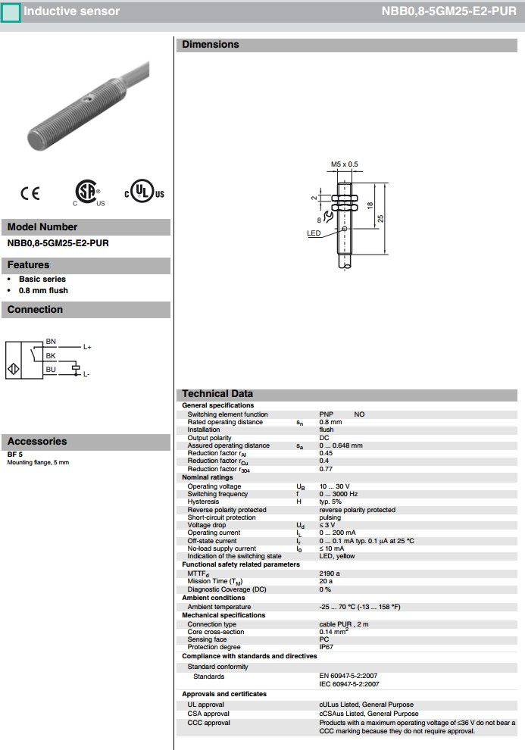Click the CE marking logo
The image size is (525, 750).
30,194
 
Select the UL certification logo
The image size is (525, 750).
143,192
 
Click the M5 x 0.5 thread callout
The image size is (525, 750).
344,164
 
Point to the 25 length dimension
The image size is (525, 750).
381,218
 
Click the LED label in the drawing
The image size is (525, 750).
314,233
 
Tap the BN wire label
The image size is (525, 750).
51,342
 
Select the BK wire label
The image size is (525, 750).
51,355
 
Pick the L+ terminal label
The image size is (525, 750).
87,347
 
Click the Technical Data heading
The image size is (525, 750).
217,394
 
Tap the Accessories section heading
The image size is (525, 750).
37,442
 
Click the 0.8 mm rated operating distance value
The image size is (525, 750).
330,422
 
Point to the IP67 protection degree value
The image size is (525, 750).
326,647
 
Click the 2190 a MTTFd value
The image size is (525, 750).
330,573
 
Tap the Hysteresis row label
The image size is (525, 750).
203,502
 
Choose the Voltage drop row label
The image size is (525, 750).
210,525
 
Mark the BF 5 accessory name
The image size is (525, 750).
15,455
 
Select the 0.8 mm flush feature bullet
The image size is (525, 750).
43,290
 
